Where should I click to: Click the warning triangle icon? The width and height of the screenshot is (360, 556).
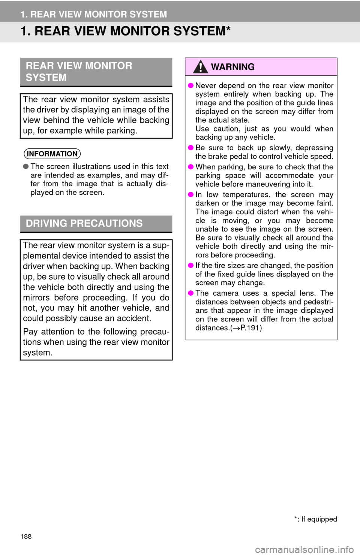pyautogui.click(x=200, y=67)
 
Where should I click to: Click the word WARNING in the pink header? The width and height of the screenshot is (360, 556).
pyautogui.click(x=233, y=67)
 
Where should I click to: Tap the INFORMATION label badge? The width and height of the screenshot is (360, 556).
pyautogui.click(x=52, y=154)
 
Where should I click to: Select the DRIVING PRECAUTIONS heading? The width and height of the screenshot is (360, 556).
pyautogui.click(x=84, y=223)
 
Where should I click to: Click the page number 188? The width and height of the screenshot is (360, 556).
pyautogui.click(x=26, y=537)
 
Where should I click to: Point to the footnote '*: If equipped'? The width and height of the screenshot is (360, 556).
pyautogui.click(x=315, y=519)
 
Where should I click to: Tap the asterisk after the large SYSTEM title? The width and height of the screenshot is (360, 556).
pyautogui.click(x=228, y=28)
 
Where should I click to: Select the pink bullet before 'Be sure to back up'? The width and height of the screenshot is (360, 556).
pyautogui.click(x=190, y=148)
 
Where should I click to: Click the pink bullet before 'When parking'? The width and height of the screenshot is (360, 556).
pyautogui.click(x=190, y=167)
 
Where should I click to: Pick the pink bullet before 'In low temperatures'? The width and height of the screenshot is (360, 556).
pyautogui.click(x=190, y=195)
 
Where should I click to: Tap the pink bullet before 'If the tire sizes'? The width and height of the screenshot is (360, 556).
pyautogui.click(x=190, y=266)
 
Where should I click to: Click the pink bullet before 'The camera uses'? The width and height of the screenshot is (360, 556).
pyautogui.click(x=190, y=293)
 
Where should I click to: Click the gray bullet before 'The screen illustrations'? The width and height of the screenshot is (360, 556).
pyautogui.click(x=26, y=167)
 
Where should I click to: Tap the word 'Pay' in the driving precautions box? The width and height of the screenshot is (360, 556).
pyautogui.click(x=30, y=332)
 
